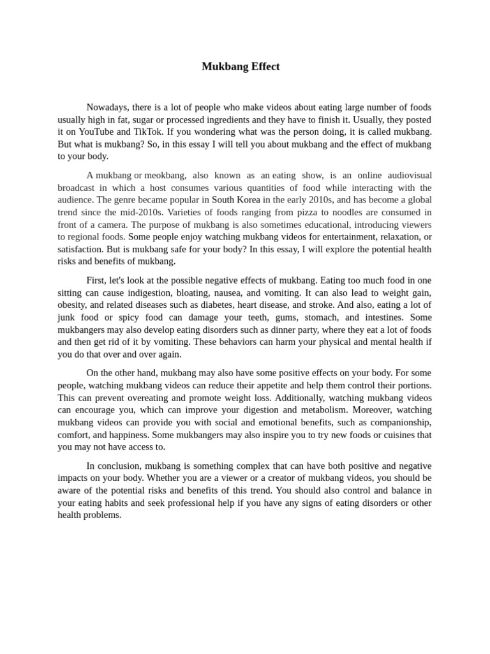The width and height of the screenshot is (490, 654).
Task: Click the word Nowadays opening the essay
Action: (107, 107)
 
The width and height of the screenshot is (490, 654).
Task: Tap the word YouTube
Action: (96, 132)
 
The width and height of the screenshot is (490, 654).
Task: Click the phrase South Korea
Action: (235, 200)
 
